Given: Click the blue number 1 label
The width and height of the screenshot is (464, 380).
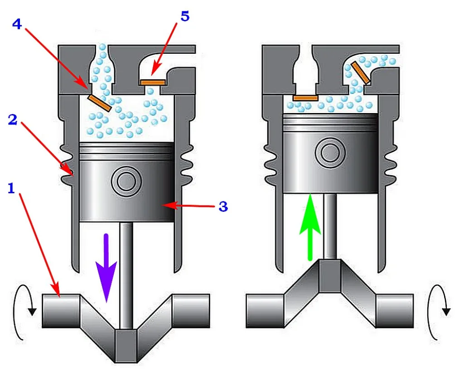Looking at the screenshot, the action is (11, 188).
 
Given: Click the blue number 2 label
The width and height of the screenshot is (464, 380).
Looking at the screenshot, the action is (12, 120).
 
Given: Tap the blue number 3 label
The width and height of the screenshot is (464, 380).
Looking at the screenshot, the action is (223, 207).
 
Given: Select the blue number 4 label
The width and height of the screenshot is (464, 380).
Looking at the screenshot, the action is (17, 24).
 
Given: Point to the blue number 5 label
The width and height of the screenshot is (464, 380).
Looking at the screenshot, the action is (185, 17).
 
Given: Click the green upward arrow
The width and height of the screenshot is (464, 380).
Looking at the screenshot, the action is (310, 227).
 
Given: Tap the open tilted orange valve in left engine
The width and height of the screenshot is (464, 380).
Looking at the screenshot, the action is (100, 103).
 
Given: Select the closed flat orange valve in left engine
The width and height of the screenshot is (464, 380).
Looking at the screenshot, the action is (152, 82).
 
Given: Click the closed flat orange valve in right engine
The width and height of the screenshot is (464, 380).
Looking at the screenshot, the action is (306, 98).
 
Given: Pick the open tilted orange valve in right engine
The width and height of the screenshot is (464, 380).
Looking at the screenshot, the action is (360, 72).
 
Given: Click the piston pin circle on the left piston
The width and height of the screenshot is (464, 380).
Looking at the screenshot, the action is (126, 181).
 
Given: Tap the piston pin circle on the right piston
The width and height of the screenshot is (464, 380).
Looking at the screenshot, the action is (330, 153).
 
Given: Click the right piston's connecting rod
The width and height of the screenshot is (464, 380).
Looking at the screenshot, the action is (330, 226).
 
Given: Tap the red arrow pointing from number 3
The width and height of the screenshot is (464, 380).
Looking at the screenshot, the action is (189, 205).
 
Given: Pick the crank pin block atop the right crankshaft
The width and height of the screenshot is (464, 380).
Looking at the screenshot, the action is (330, 276).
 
